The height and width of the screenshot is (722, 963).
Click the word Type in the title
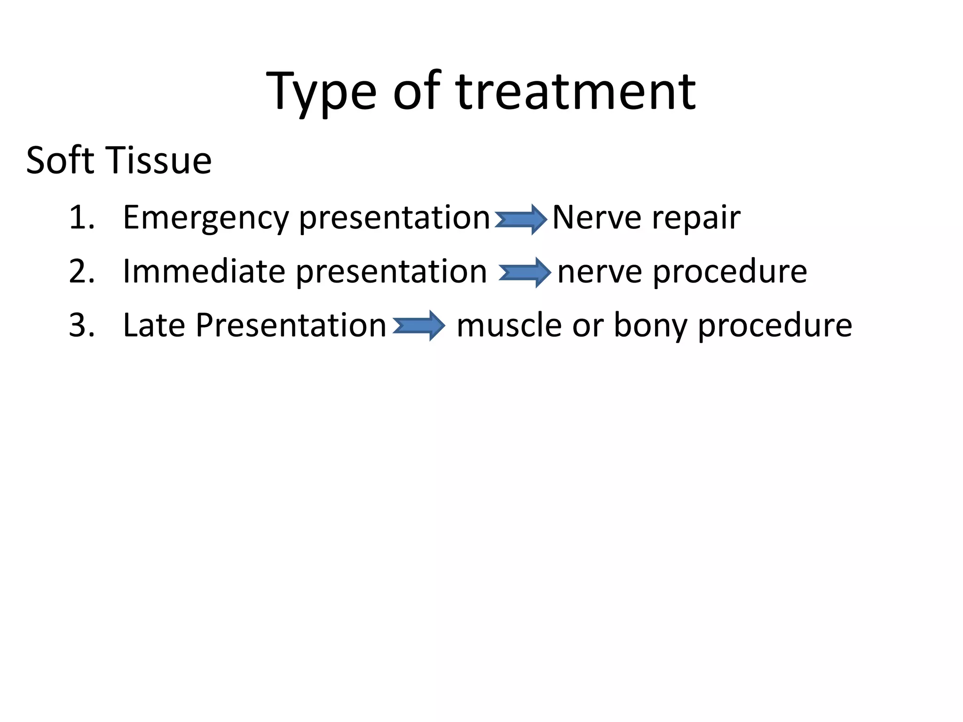pyautogui.click(x=321, y=92)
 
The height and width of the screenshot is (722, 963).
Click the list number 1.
pyautogui.click(x=81, y=218)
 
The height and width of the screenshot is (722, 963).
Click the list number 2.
pyautogui.click(x=81, y=271)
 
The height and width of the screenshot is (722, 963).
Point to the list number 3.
pyautogui.click(x=81, y=325)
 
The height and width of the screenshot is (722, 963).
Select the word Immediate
pyautogui.click(x=204, y=271)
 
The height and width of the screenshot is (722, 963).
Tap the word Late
pyautogui.click(x=154, y=325)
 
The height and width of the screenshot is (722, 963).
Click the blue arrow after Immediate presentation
pyautogui.click(x=525, y=273)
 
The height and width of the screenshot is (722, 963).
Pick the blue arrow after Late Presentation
pyautogui.click(x=418, y=326)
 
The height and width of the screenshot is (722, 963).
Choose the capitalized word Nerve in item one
pyautogui.click(x=596, y=218)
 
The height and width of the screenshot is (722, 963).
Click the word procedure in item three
pyautogui.click(x=774, y=326)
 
